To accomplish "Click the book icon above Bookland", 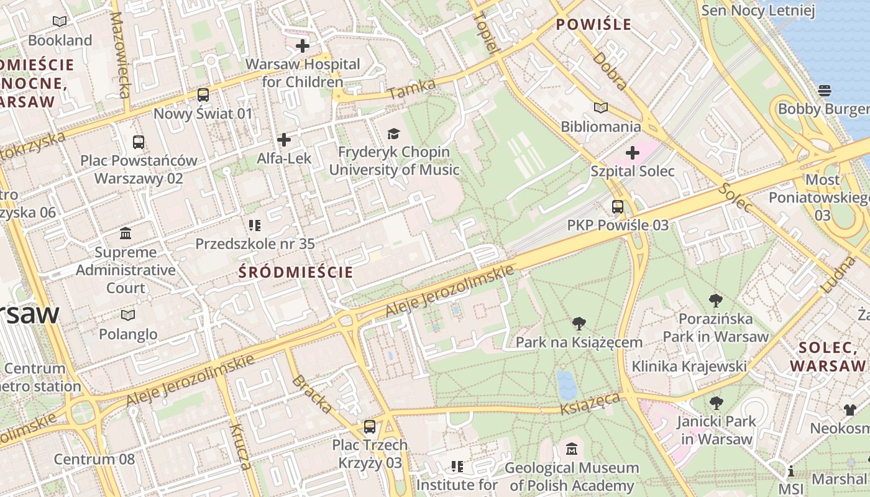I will point(60,22).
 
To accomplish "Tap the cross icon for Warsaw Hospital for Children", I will point(303,45).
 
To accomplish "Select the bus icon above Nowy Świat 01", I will point(203,95).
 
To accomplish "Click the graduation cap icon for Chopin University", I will point(393,134).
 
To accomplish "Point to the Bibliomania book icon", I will point(600,108).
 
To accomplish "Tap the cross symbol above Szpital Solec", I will point(633,152).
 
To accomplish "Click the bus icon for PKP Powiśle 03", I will point(618,207).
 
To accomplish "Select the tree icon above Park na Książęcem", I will point(579,324).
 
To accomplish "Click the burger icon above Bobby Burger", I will point(825,91).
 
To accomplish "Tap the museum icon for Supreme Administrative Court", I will point(126,234).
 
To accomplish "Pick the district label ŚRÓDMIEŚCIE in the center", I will point(296,272).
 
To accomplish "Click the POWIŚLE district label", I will point(593,25).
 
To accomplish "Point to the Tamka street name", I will point(412,89).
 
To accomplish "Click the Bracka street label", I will point(311,394).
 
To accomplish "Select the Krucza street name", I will point(240,446).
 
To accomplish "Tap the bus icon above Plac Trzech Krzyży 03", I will point(370,427).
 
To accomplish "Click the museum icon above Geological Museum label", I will point(572,449).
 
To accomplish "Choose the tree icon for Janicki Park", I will point(716,403).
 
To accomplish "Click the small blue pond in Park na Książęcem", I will point(566,385).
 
